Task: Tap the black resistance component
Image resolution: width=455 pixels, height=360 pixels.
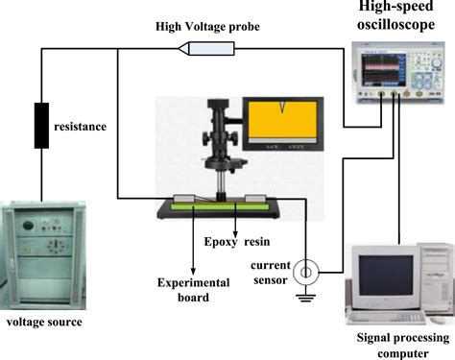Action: click(x=41, y=125)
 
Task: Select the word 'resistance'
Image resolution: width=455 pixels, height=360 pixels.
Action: click(x=82, y=126)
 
